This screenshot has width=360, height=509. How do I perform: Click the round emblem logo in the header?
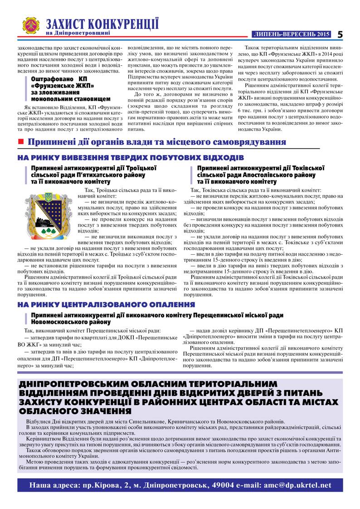click(31, 26)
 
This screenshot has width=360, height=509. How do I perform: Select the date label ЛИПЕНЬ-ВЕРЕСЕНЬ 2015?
click(291, 34)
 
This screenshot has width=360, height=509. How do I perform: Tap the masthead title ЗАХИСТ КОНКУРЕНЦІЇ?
click(102, 24)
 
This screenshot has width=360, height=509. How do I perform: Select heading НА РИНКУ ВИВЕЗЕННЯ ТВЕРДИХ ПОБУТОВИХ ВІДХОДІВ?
click(131, 158)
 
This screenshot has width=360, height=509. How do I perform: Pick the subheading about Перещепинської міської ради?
click(157, 315)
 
